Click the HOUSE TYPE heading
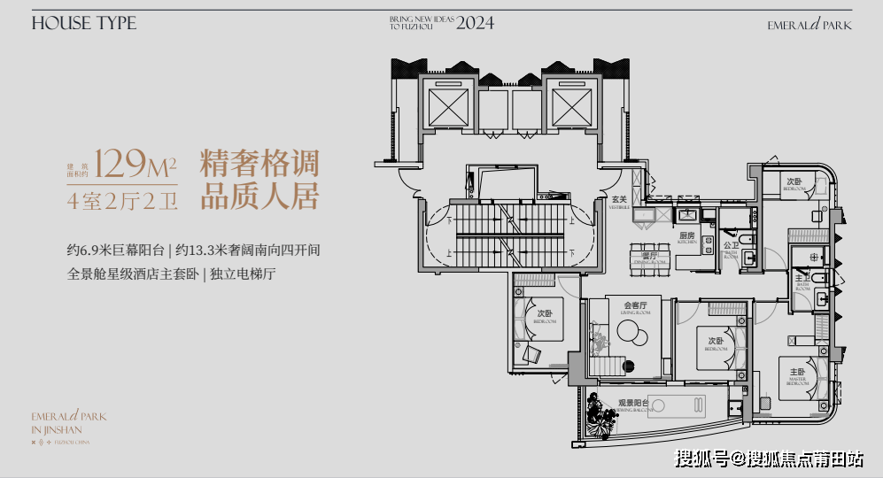pos(84,24)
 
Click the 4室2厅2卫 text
pos(123,200)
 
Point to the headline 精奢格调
pos(259,164)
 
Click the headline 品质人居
pos(259,197)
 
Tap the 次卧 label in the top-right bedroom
pos(794,181)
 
